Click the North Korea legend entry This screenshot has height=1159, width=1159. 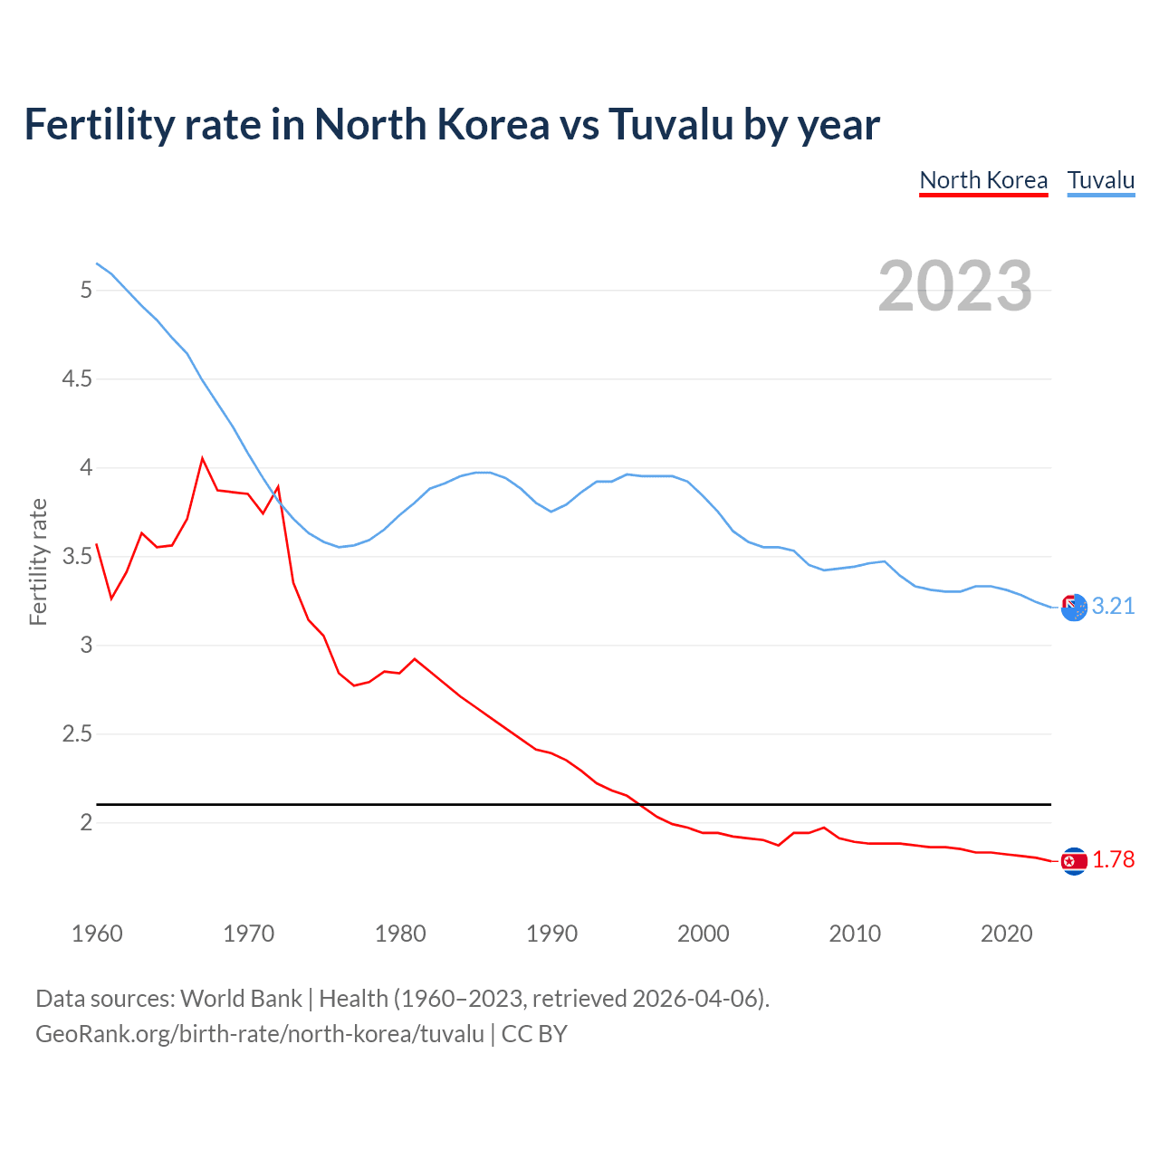point(983,180)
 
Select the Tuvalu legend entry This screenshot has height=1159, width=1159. point(1101,180)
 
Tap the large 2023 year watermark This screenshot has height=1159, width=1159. point(955,286)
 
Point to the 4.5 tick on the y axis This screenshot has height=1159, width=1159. point(77,378)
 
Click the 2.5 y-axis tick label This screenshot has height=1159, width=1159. point(77,733)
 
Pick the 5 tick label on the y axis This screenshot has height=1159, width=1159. point(86,290)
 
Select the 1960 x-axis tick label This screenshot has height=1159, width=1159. point(97,934)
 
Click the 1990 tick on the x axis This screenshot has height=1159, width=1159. point(551,934)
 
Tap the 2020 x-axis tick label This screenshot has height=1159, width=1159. point(1006,934)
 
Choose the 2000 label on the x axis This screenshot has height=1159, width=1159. point(703,934)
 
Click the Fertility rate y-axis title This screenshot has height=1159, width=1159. point(38,561)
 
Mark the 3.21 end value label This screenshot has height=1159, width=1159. point(1113,607)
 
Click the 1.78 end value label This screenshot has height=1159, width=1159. point(1113,859)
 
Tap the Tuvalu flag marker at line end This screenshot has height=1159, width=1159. point(1074,608)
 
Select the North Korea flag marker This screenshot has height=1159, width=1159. point(1074,861)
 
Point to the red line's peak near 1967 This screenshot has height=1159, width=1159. point(202,458)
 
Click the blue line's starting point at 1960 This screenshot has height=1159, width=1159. point(97,263)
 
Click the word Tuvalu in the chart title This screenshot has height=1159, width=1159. point(670,125)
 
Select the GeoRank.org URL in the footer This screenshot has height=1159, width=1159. point(260,1034)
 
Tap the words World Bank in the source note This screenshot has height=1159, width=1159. point(241,999)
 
